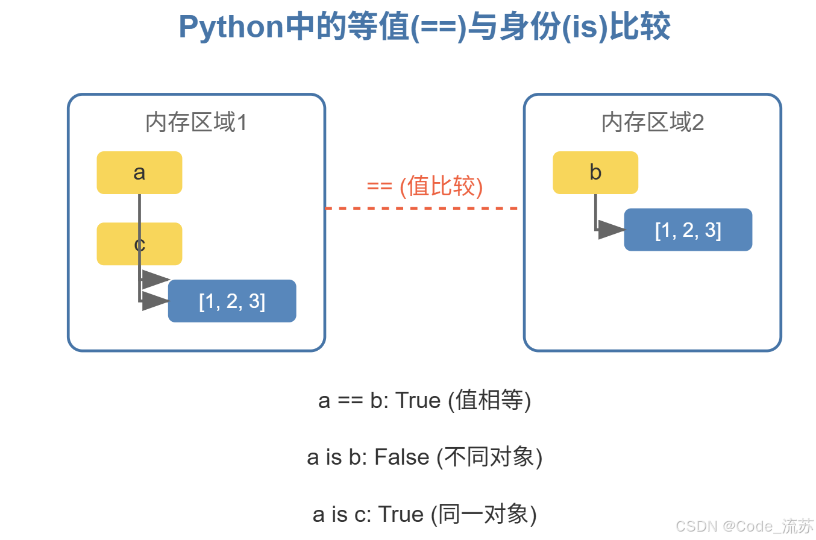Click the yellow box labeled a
click(139, 172)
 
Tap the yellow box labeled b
click(595, 172)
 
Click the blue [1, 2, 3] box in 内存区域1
click(232, 301)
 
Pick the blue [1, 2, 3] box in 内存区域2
click(688, 230)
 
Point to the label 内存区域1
click(196, 123)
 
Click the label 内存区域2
click(653, 123)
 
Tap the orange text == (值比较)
click(425, 186)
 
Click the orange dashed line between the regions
click(422, 208)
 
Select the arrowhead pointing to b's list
click(610, 230)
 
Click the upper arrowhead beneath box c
click(154, 280)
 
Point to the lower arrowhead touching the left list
click(154, 301)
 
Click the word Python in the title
click(231, 28)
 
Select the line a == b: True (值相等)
click(425, 401)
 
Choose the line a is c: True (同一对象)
click(425, 514)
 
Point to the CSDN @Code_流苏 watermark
click(744, 526)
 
